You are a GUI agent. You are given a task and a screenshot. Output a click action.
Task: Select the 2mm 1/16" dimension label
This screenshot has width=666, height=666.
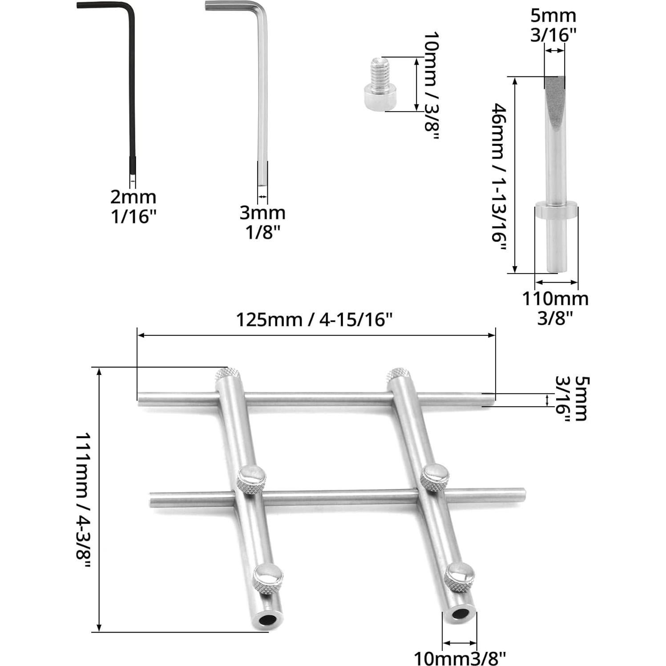tap(133, 206)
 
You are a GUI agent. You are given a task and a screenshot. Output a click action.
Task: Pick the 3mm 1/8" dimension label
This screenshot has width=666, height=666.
tap(263, 222)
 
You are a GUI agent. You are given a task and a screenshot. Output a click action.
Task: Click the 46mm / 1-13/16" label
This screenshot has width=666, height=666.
tap(499, 178)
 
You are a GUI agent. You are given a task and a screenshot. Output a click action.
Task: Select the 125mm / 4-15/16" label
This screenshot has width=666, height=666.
tap(314, 319)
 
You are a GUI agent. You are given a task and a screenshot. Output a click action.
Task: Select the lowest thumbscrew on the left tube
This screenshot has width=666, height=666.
tap(268, 579)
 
